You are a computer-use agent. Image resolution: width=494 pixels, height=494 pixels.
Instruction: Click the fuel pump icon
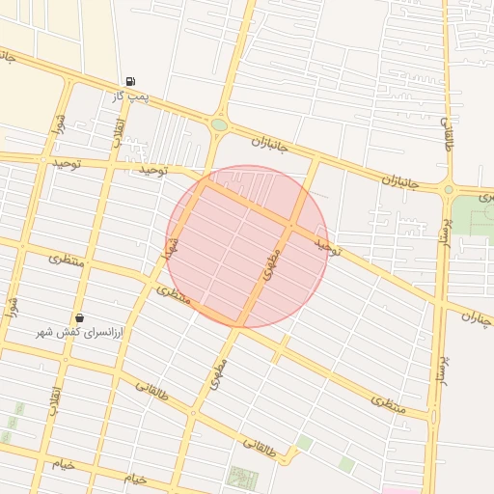coord(130,82)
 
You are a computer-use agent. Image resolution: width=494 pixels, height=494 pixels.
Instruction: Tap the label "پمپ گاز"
coord(129,96)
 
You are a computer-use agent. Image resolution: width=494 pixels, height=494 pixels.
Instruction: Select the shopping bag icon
coord(79,317)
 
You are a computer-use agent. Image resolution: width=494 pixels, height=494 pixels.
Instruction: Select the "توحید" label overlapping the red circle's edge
coord(327,246)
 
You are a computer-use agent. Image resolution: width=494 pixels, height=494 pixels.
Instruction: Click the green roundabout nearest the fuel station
coord(220,124)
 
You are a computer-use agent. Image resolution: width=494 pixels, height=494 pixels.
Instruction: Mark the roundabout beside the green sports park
coord(448,189)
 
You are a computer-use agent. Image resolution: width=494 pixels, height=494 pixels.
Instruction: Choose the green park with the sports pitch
coord(473,216)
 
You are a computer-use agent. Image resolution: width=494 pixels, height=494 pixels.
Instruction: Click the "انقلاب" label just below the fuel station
coord(119,133)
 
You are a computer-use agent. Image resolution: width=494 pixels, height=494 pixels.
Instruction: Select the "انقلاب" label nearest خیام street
coord(56,398)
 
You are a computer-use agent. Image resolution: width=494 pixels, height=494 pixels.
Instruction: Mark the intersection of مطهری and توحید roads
coord(290,226)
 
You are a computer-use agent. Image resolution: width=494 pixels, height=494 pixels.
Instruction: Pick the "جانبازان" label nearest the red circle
coord(270,145)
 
